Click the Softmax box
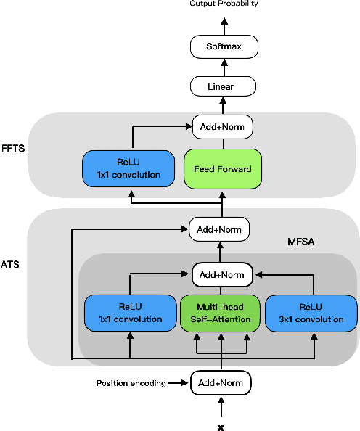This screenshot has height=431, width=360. (x=224, y=48)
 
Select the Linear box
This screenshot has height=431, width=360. (x=224, y=87)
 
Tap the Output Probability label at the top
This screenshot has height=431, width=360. (x=224, y=4)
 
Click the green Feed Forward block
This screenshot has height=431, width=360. (x=223, y=168)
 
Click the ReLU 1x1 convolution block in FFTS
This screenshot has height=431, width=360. (x=128, y=168)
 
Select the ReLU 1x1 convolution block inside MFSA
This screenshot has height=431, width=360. (x=130, y=313)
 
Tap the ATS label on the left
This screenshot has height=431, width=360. (x=10, y=265)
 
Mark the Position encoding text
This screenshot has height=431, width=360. (x=131, y=382)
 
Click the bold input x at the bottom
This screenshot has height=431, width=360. (x=221, y=427)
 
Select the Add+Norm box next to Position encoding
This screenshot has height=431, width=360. (x=221, y=382)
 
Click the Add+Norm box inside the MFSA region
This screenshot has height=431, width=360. (x=223, y=275)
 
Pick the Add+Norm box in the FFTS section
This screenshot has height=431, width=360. (x=223, y=127)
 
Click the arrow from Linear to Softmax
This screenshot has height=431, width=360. (x=224, y=67)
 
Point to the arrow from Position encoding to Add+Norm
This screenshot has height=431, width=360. (x=179, y=382)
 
